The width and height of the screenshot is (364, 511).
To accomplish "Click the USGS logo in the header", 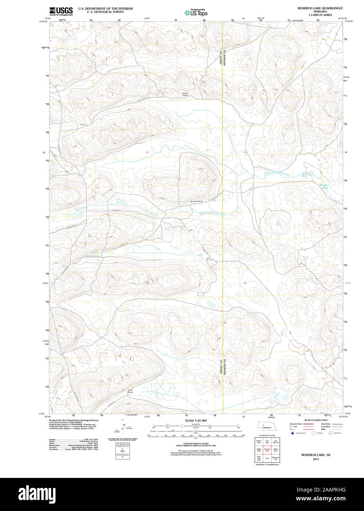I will pyautogui.click(x=61, y=11).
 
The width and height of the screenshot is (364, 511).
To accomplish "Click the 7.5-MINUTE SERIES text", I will pyautogui.click(x=320, y=15).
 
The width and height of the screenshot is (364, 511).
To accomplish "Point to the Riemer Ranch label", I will pyautogui.click(x=185, y=94).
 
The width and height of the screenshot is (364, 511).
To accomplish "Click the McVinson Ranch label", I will pyautogui.click(x=197, y=201).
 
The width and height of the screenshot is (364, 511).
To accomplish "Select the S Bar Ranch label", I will pyautogui.click(x=130, y=391).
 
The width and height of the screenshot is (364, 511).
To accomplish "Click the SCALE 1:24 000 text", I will pyautogui.click(x=196, y=420).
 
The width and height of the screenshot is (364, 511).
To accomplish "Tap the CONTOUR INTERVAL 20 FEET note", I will pyautogui.click(x=196, y=443).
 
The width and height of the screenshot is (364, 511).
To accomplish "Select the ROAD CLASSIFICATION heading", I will pyautogui.click(x=316, y=420).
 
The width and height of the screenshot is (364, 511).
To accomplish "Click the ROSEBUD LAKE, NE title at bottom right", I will pyautogui.click(x=316, y=455).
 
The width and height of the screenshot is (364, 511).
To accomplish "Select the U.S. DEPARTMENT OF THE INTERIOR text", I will pyautogui.click(x=105, y=8).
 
